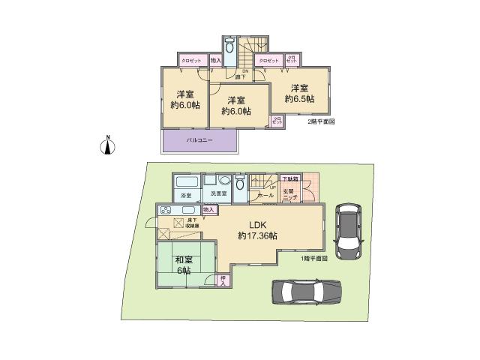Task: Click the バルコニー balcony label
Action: click(199, 140)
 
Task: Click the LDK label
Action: click(257, 223)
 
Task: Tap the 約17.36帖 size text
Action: click(257, 235)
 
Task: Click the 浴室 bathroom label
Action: click(186, 195)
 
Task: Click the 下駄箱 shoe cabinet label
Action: click(289, 179)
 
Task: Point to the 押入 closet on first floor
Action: click(223, 280)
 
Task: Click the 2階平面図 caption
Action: click(321, 121)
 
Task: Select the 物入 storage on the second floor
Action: click(215, 59)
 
